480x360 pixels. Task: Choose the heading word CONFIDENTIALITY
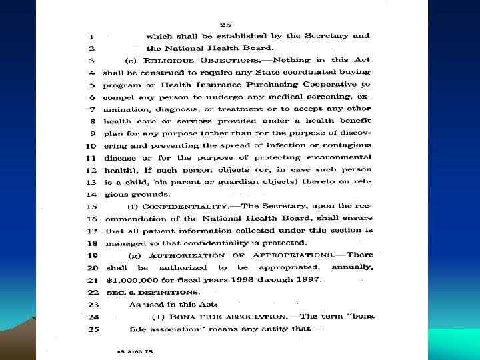coord(181,207)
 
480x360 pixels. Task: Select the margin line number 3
coord(91,60)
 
